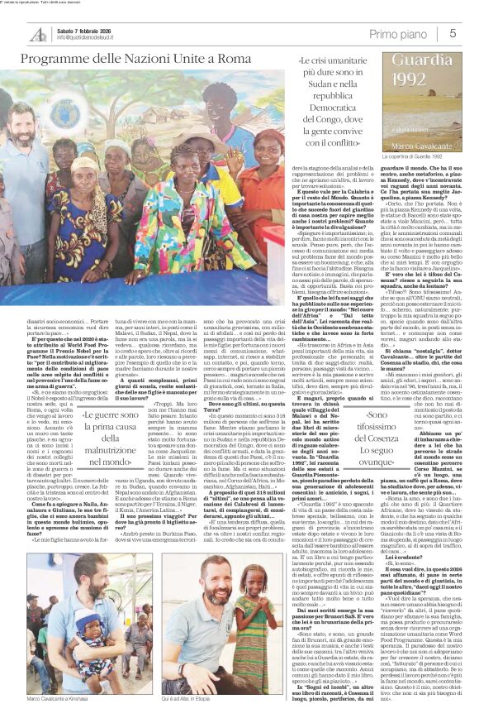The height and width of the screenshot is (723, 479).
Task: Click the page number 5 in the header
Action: point(453,33)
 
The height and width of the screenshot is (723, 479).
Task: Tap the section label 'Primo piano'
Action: point(399,33)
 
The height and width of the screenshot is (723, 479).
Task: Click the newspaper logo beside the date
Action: point(38,34)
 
